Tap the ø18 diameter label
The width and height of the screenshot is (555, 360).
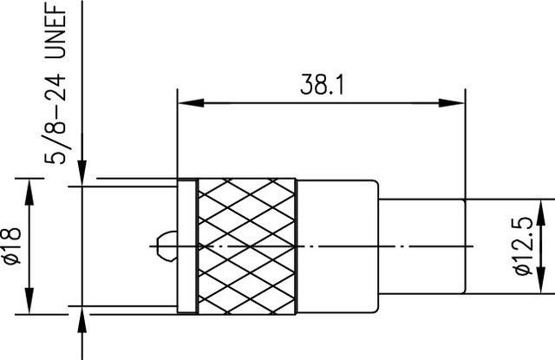pyautogui.click(x=12, y=245)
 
